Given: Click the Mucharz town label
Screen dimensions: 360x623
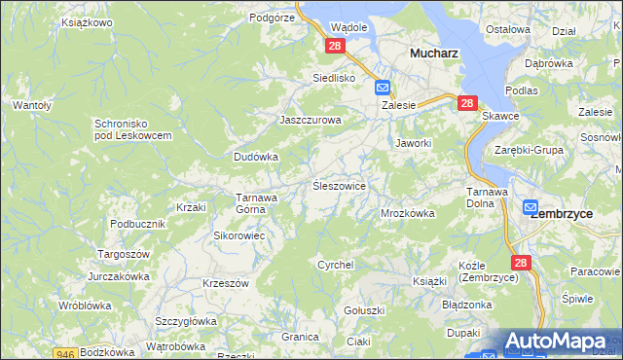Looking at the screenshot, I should pyautogui.click(x=434, y=54).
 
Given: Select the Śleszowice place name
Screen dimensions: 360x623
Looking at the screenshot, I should pyautogui.click(x=338, y=185).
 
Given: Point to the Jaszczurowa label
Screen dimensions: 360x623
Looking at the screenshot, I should pyautogui.click(x=311, y=120).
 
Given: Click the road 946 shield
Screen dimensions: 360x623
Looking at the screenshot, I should pyautogui.click(x=66, y=353).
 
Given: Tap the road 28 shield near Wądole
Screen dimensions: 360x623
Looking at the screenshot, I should pyautogui.click(x=335, y=46).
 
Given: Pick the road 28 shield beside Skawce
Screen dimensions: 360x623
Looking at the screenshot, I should pyautogui.click(x=467, y=102).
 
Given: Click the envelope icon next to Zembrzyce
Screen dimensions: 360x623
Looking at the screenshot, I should pyautogui.click(x=531, y=207).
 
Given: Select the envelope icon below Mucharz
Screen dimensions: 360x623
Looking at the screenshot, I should pyautogui.click(x=383, y=88).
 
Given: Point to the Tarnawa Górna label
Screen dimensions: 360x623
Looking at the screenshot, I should pyautogui.click(x=258, y=202).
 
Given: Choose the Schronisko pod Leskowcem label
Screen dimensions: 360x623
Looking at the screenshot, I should pyautogui.click(x=132, y=129).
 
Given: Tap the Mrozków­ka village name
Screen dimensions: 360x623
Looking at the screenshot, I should pyautogui.click(x=407, y=212).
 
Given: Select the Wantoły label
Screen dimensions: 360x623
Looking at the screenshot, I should pyautogui.click(x=31, y=104).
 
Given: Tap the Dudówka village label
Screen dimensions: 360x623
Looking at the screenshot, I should pyautogui.click(x=256, y=156).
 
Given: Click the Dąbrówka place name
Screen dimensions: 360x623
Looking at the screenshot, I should pyautogui.click(x=548, y=63).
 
